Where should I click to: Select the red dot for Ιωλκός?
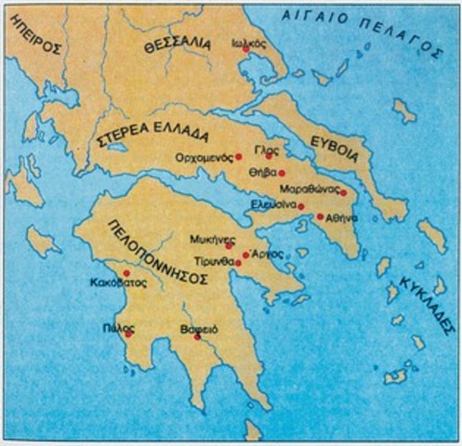click(x=246, y=48)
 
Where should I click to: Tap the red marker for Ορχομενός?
click(x=239, y=157)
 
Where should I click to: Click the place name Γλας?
click(x=254, y=156)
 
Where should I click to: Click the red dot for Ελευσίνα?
click(x=300, y=206)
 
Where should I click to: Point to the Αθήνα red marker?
click(x=320, y=217)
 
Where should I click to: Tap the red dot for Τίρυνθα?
click(x=239, y=263)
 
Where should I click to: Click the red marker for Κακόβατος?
click(x=126, y=273)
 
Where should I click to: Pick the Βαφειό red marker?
click(x=197, y=336)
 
